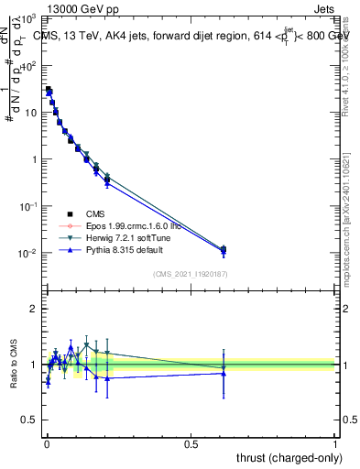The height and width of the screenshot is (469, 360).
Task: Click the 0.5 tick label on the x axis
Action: (x=191, y=442)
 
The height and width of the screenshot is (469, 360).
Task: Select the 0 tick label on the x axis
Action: (x=47, y=442)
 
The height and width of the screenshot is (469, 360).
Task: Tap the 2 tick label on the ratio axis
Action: (x=33, y=309)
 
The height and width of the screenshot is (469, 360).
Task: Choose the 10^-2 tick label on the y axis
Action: (x=27, y=252)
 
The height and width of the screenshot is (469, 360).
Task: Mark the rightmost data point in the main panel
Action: (x=224, y=249)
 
